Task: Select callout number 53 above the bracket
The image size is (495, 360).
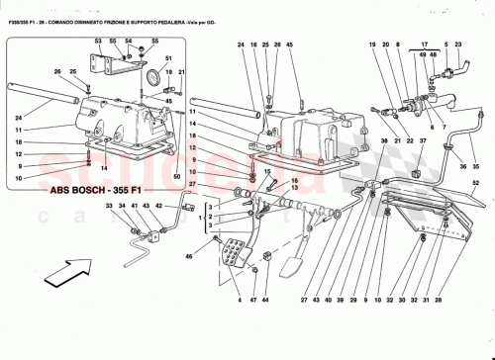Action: (98, 42)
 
